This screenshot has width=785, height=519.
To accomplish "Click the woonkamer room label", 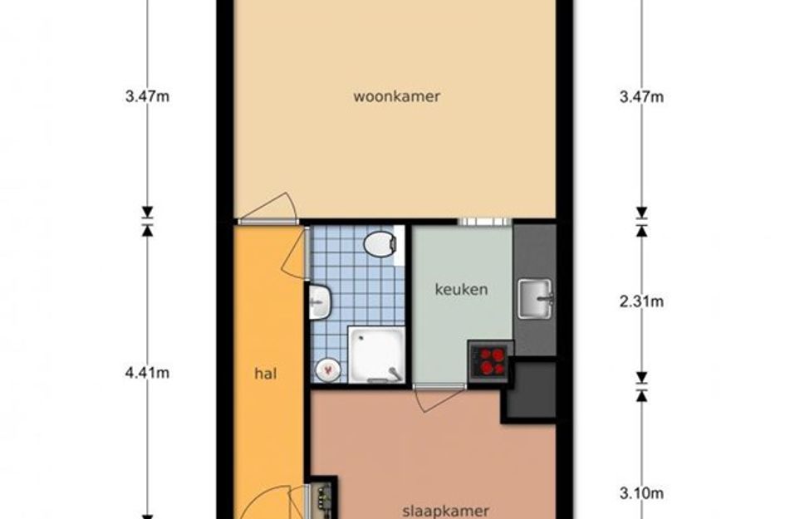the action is pos(396,96).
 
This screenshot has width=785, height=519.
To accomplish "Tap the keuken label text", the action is pos(461,289).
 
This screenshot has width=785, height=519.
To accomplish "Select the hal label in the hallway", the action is pos(265,374).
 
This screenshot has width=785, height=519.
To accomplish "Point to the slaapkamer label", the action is pos(445,512).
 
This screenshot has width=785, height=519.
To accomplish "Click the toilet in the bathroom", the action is pos(380,244).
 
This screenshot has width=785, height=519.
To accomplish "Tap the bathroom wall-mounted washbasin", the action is pos(320,301).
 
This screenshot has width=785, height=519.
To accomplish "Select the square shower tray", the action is pos(376,355).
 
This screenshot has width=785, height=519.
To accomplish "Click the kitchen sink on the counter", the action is pos(535,299).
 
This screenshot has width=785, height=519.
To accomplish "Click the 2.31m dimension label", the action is pos(641,301).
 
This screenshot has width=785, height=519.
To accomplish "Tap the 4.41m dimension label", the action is pos(147,373).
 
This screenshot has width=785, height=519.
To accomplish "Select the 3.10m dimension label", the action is pos(641,493).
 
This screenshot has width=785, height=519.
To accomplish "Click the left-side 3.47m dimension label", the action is pos(147,96).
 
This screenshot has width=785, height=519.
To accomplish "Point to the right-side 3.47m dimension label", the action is pos(641,96).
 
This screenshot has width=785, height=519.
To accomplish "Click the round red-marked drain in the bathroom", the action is pos(328,370).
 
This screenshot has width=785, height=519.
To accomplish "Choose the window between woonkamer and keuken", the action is pos(484,222).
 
